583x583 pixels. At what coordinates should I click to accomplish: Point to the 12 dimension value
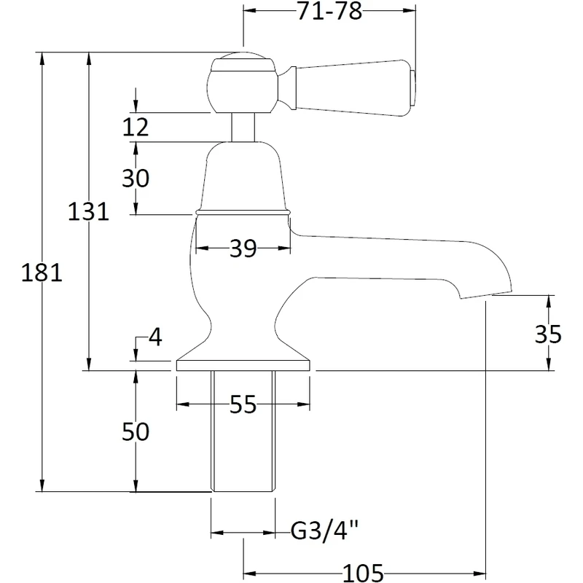[x=135, y=128]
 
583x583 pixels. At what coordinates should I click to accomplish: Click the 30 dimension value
[x=135, y=178]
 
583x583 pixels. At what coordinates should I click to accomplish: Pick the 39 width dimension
[x=243, y=249]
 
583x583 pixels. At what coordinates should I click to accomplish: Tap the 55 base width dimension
[x=243, y=404]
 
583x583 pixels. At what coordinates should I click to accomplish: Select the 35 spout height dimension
[x=547, y=334]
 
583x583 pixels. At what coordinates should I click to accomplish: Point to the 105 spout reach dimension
[x=364, y=572]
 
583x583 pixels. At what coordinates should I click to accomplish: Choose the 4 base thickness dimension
[x=154, y=338]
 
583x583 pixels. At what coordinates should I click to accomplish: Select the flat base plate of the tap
[x=243, y=365]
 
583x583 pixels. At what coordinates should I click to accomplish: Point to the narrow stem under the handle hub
[x=243, y=127]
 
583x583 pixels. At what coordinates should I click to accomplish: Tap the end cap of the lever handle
[x=414, y=82]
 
